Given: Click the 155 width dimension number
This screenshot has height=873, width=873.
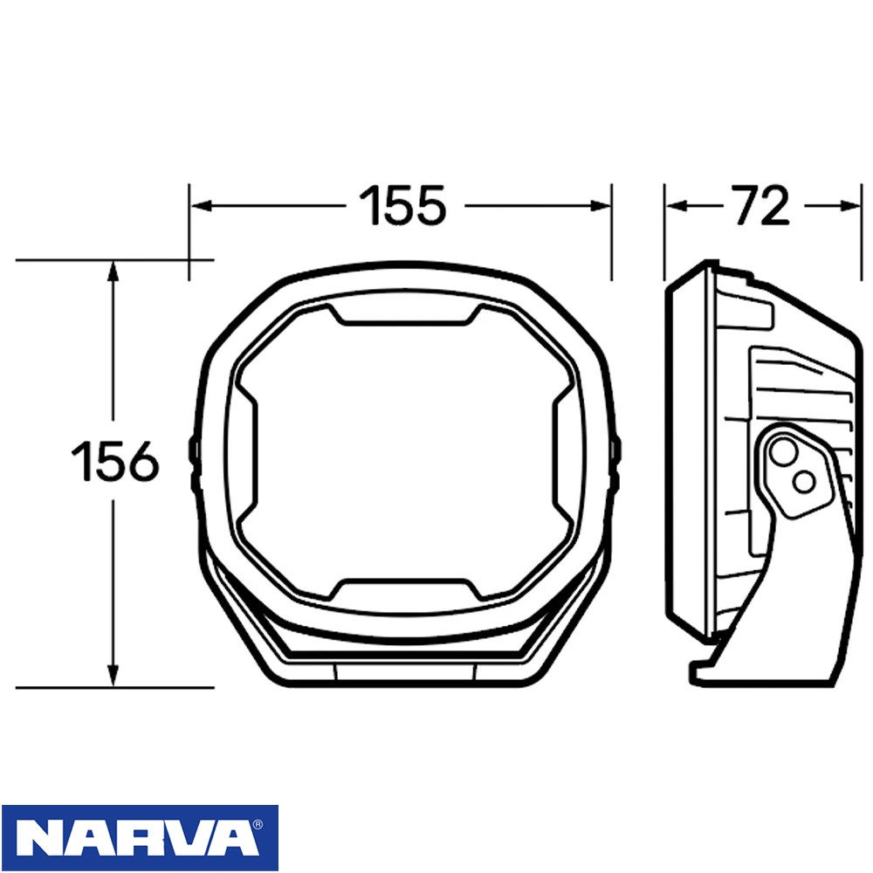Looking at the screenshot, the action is click(x=402, y=205).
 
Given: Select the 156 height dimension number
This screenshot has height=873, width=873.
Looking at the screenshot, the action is click(x=115, y=460).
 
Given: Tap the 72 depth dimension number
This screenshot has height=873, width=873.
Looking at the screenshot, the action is click(x=761, y=205).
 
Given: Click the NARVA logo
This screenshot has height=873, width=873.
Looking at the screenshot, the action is click(x=140, y=838).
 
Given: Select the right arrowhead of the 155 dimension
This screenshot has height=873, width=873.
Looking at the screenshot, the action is click(x=601, y=206).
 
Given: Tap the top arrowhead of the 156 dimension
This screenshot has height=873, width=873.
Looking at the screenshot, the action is click(x=113, y=272).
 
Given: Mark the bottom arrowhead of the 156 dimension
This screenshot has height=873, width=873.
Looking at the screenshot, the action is click(x=113, y=675).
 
